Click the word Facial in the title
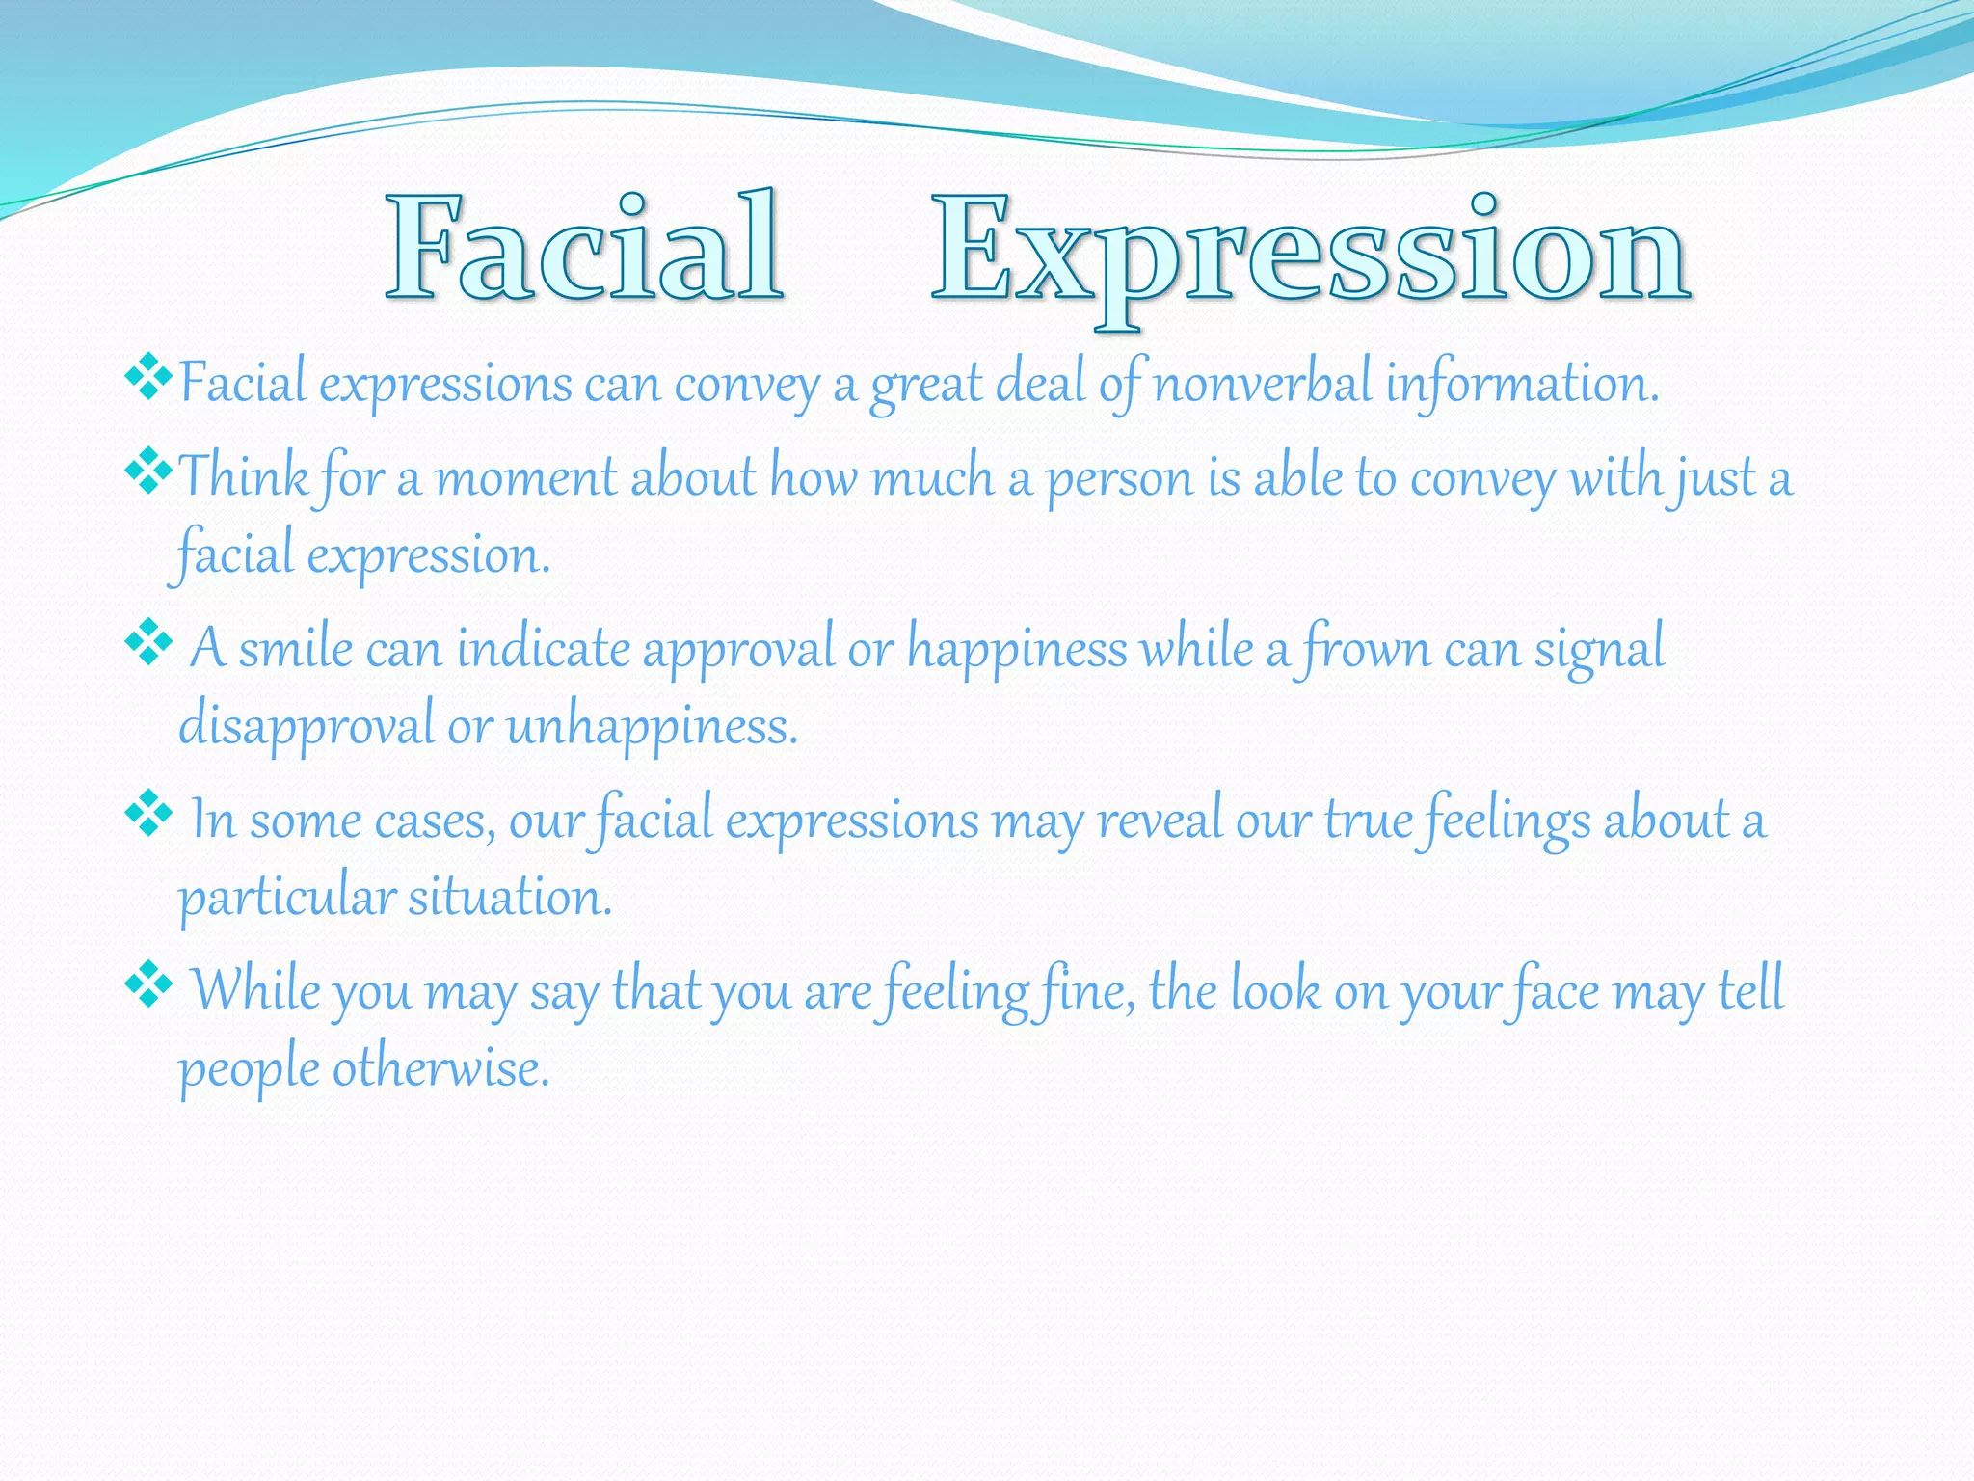point(584,247)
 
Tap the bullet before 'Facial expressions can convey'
point(148,377)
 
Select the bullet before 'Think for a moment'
point(148,471)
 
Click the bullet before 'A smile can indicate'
point(148,641)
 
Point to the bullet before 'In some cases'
point(148,813)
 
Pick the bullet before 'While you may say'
point(148,983)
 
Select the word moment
point(526,477)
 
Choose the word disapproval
point(307,725)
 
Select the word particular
point(286,898)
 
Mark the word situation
point(510,898)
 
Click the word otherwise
point(441,1068)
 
